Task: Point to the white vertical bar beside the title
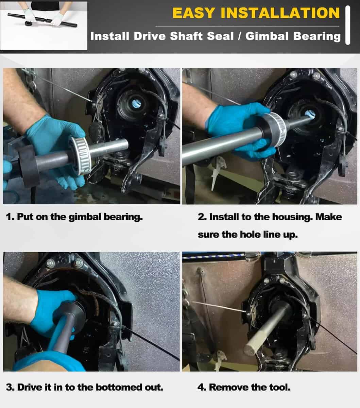(348, 25)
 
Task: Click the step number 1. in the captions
(10, 217)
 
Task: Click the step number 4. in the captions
(202, 387)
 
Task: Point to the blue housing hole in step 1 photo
(136, 103)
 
